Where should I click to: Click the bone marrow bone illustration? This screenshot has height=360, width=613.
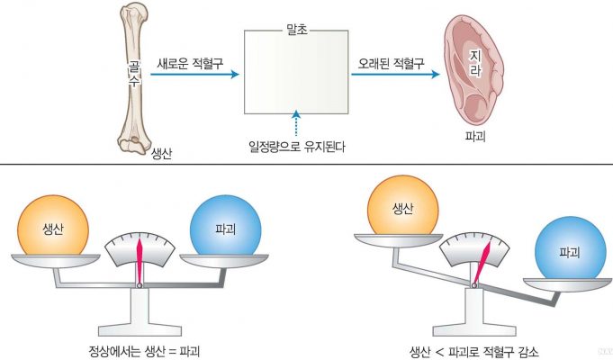134,78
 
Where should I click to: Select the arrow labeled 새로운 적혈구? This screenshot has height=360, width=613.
194,74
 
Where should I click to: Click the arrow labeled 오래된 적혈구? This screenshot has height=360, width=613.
395,74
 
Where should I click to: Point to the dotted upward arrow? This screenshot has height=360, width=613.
296,123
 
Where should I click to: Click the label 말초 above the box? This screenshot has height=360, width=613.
297,30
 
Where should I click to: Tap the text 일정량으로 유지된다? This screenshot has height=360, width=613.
297,147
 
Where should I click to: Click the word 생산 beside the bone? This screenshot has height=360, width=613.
161,153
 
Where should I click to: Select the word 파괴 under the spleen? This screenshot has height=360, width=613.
475,137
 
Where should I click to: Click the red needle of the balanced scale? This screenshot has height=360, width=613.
140,260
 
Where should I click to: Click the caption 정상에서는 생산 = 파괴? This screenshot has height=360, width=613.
144,351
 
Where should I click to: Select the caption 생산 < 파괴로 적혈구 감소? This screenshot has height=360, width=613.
473,351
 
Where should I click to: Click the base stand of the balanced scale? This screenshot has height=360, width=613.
140,312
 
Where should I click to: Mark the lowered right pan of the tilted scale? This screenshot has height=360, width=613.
567,284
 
